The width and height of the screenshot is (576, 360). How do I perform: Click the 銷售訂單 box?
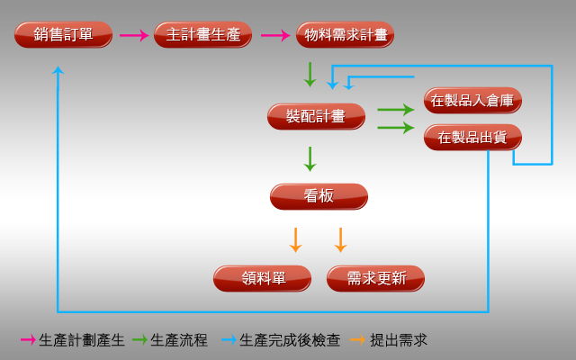click(x=63, y=34)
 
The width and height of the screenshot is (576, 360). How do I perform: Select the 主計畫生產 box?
click(x=202, y=34)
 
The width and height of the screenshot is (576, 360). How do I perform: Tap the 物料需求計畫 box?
click(x=345, y=34)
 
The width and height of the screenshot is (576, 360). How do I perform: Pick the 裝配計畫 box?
click(x=316, y=116)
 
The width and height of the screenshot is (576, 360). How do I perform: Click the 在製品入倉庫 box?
click(x=472, y=100)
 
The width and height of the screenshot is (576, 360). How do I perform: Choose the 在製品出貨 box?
click(x=472, y=137)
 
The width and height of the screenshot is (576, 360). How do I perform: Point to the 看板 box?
click(x=319, y=196)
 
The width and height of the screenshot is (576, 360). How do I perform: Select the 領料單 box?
click(x=262, y=278)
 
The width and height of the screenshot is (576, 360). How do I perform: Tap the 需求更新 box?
click(x=375, y=278)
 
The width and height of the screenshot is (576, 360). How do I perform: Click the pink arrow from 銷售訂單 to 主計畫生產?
click(x=134, y=35)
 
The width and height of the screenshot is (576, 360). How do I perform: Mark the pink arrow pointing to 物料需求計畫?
click(x=275, y=35)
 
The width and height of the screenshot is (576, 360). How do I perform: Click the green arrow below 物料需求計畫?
click(x=310, y=75)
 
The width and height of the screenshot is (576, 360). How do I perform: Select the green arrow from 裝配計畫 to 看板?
click(x=310, y=159)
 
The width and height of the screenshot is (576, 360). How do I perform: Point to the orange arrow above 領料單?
click(x=295, y=240)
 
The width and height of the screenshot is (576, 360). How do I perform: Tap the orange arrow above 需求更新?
click(x=340, y=240)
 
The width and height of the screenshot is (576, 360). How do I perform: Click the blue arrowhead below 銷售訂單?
click(x=58, y=70)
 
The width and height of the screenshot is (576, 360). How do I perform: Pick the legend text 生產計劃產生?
click(x=82, y=340)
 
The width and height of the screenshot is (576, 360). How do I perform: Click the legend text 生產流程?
click(x=179, y=340)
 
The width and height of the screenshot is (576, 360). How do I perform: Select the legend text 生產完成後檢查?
click(x=290, y=340)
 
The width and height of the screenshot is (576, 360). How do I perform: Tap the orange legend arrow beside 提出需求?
click(x=358, y=340)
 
